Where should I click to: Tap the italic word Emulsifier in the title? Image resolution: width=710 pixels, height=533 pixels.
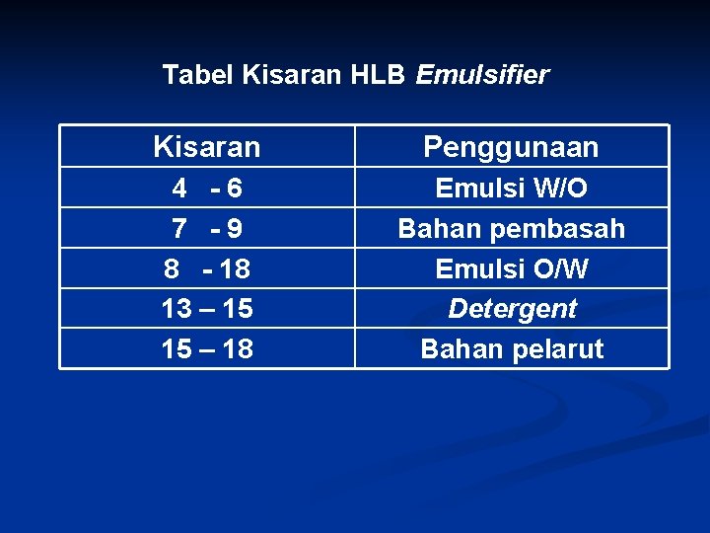[482, 75]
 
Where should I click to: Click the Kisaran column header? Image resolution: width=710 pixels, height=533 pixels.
[207, 148]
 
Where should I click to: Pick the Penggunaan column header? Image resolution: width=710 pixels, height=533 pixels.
[511, 148]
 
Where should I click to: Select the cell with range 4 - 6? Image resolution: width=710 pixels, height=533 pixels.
[207, 188]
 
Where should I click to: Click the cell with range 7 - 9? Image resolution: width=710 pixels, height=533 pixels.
[207, 229]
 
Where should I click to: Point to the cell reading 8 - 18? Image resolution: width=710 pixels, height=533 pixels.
[207, 268]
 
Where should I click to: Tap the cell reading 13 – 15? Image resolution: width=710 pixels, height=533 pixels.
[207, 309]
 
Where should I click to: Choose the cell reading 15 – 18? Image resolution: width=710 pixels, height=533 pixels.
[207, 348]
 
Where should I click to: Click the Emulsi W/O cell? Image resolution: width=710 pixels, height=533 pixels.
[511, 188]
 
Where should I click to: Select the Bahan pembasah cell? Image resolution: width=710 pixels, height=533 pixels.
[511, 229]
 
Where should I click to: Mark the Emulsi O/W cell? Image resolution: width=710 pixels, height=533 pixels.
[511, 268]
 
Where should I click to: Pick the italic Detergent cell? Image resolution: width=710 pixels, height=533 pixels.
[511, 309]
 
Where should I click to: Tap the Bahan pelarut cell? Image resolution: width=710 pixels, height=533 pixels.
[511, 348]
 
